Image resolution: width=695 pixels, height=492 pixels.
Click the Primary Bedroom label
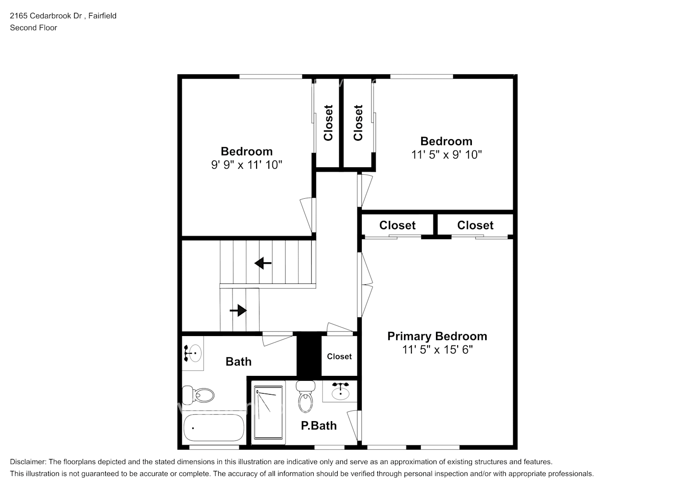tap(437, 337)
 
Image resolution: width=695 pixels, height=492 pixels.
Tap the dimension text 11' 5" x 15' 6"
tap(437, 350)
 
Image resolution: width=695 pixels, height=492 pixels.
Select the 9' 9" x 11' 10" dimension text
tap(247, 165)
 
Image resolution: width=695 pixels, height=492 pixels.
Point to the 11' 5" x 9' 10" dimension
tap(446, 154)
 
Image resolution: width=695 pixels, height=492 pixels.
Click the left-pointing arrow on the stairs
tap(263, 263)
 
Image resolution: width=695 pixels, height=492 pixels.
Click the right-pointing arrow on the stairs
tap(238, 310)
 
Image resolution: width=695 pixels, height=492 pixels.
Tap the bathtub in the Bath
tap(214, 428)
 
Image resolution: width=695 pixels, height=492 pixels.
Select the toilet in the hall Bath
tap(198, 395)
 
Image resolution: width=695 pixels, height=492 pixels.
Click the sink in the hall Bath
tap(193, 353)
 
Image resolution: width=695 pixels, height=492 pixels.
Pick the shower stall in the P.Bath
tap(268, 412)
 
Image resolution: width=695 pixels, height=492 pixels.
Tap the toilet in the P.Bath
tap(306, 397)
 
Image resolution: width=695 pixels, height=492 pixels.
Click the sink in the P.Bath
tap(340, 391)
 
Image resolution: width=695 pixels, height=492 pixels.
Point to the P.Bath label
tap(319, 426)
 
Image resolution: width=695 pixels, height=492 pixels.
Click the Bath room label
tap(238, 362)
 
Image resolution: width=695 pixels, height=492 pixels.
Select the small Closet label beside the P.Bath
tap(339, 356)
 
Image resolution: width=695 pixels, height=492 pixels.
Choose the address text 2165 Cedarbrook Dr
tap(46, 16)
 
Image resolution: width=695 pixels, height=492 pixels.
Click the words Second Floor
tap(33, 28)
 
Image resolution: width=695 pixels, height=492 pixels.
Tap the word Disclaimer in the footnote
tap(28, 462)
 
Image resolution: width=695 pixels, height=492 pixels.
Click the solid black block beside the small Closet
tap(309, 355)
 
